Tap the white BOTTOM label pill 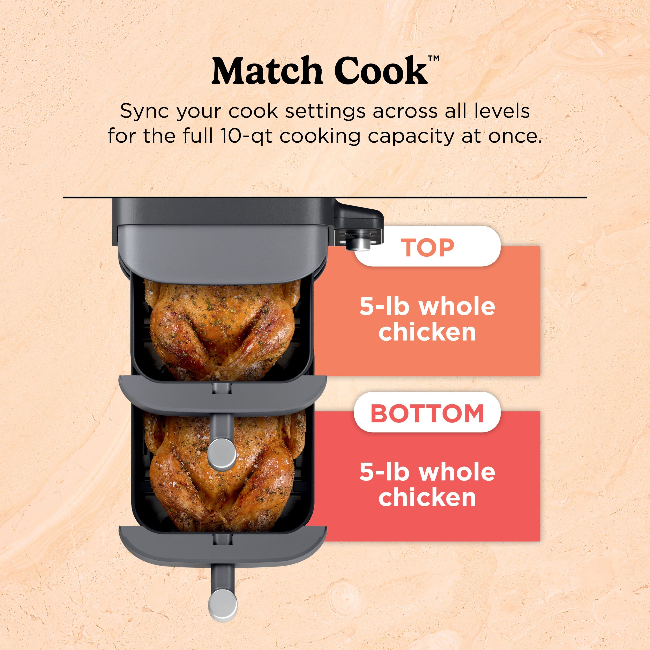[427, 413]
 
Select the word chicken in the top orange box [427, 332]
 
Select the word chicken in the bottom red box [427, 498]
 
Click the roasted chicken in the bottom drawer [188, 478]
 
